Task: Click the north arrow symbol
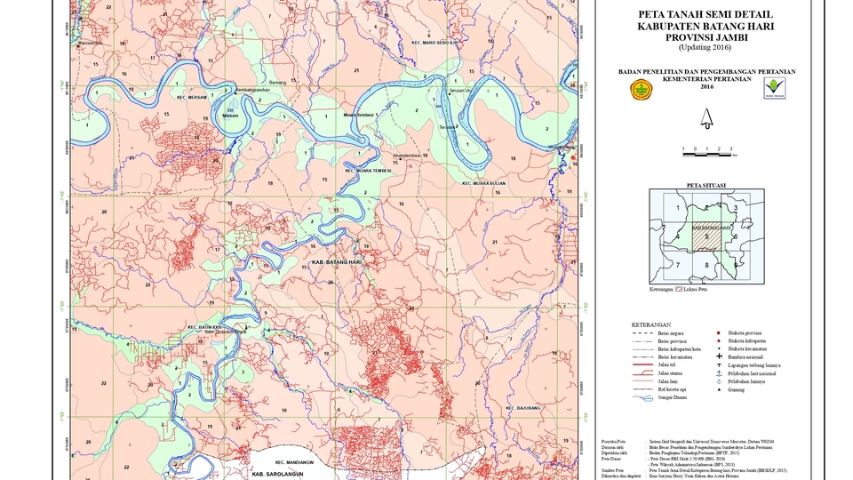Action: point(707,118)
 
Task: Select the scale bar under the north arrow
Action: point(707,150)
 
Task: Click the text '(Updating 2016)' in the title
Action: point(706,47)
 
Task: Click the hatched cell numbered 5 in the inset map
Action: point(706,236)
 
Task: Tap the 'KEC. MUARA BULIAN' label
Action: point(483,183)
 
